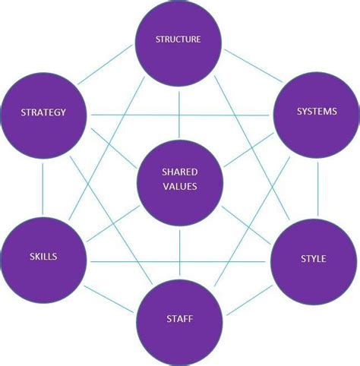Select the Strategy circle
43,113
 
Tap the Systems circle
316,113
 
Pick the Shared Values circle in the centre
179,180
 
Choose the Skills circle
43,257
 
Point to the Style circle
314,259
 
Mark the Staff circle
179,320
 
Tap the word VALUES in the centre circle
179,187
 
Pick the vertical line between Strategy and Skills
43,185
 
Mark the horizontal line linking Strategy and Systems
179,115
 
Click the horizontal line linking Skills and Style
179,259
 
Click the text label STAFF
179,320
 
